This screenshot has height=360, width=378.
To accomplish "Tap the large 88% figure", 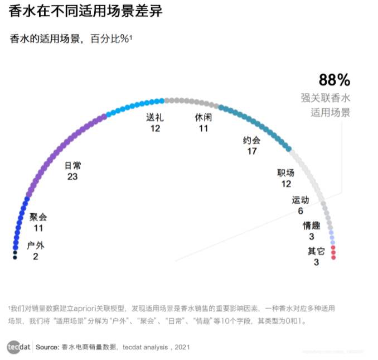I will [334, 80].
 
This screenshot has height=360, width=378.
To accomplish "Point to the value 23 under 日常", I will [72, 176].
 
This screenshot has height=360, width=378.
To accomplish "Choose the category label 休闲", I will [203, 118].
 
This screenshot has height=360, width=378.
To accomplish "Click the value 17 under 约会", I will [252, 151].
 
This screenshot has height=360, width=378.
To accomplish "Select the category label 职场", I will [286, 173].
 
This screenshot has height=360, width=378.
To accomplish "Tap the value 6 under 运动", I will [301, 211].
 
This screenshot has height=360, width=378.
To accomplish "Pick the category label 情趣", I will [312, 225].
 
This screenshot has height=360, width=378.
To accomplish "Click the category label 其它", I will [316, 251].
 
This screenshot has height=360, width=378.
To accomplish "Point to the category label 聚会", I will [38, 217].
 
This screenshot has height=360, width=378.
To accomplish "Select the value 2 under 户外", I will [36, 256].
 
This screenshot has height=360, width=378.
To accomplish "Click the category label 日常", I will [72, 166].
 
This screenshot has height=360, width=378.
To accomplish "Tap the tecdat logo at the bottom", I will [18, 347].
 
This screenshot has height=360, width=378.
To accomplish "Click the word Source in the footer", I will [47, 347].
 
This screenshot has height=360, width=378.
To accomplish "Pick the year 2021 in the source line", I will [182, 347].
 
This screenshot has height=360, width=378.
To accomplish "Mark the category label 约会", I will [252, 141].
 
